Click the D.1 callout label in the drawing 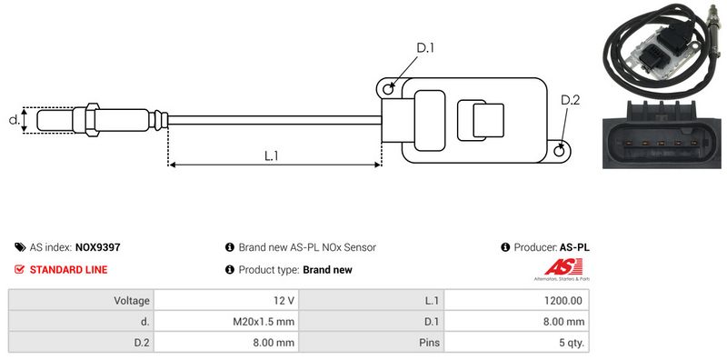pos(424,48)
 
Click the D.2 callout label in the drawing pos(571,100)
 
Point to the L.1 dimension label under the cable pos(271,155)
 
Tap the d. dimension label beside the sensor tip pos(15,120)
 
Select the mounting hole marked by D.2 pos(560,150)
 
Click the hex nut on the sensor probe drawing pos(92,120)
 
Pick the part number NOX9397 pos(98,248)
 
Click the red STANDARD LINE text pos(69,270)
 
